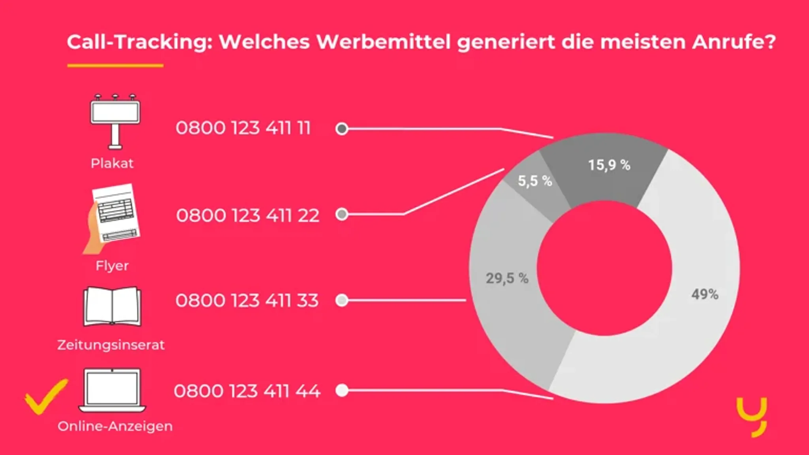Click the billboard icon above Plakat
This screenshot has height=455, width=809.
[115, 121]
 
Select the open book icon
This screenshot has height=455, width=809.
[112, 307]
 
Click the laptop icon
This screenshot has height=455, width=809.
[112, 390]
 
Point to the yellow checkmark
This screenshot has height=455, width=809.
[45, 396]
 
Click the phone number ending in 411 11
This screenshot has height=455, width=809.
[243, 128]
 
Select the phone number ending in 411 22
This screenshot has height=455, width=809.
[247, 215]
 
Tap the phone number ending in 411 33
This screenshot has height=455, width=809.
[247, 300]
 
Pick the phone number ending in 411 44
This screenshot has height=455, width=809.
[247, 391]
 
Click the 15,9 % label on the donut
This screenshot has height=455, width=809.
[609, 165]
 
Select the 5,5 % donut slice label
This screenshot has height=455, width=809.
[534, 181]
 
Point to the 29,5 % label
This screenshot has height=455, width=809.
[507, 278]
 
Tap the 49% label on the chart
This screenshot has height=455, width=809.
[705, 294]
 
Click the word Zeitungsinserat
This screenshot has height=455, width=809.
[111, 345]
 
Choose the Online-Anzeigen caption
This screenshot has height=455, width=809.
[115, 426]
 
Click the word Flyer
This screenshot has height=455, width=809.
[112, 266]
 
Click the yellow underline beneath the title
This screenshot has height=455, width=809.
[115, 66]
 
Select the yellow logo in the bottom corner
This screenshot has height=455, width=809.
[752, 417]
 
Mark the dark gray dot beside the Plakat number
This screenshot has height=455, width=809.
[342, 129]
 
